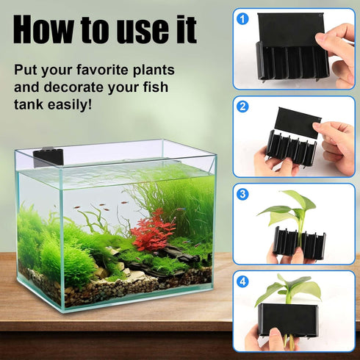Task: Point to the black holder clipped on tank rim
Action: coord(48,156)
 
